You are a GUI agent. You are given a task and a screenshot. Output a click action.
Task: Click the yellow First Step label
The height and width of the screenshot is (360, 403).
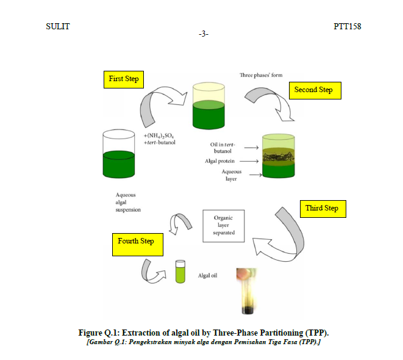tap(124, 79)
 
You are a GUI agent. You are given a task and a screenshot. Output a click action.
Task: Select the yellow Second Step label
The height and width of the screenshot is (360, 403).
tap(314, 90)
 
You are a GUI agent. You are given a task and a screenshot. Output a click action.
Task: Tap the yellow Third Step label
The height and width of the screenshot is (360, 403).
tap(322, 209)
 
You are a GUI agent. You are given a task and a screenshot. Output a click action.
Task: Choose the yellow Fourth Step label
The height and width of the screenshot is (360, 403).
tap(136, 242)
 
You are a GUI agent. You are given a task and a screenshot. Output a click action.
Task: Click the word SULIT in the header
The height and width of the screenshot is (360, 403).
tap(58, 26)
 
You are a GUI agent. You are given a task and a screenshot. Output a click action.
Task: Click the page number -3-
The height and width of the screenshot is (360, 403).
tap(204, 34)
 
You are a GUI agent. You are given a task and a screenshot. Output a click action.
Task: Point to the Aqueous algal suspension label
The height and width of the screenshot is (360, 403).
tap(127, 202)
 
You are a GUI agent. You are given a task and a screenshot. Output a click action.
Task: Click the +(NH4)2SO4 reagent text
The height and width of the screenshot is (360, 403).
tap(160, 135)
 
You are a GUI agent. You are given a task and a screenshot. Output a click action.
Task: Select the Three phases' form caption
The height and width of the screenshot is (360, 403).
tap(261, 75)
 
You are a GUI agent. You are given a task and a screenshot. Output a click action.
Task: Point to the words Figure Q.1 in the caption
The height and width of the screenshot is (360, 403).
tap(98, 333)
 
